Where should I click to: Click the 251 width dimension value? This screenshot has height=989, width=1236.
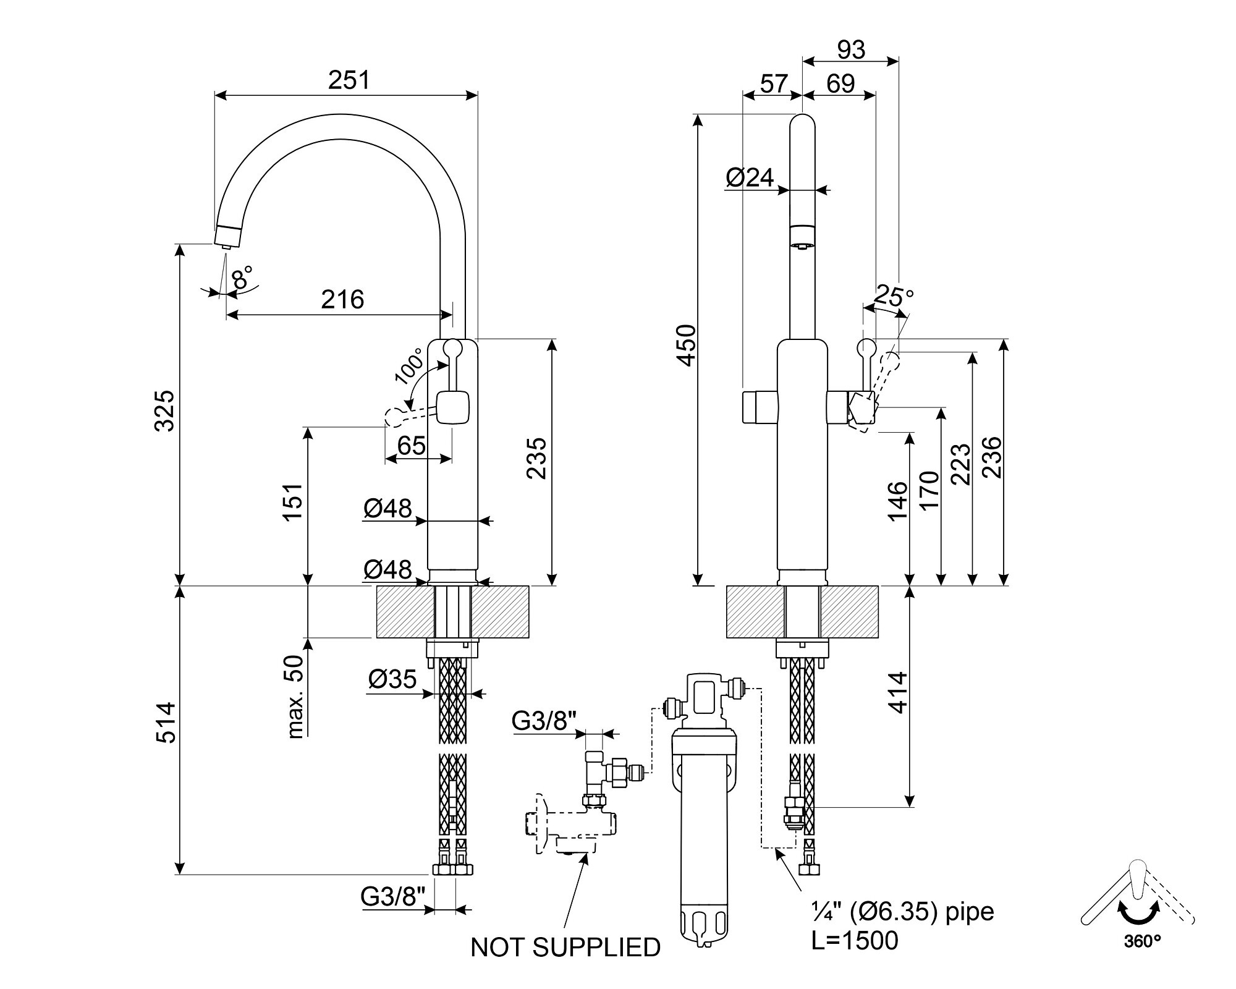click(x=349, y=80)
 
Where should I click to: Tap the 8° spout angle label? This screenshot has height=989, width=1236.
click(x=242, y=278)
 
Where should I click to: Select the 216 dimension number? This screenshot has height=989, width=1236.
click(x=343, y=300)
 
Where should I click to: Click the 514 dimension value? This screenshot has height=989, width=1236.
click(x=165, y=723)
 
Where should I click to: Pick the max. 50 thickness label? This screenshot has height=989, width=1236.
click(x=295, y=697)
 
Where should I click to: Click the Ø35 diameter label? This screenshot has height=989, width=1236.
click(x=392, y=679)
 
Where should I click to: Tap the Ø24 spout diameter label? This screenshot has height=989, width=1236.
click(x=750, y=178)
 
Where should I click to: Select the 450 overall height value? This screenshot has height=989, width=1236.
click(x=687, y=346)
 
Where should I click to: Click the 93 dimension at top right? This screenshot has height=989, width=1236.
click(x=851, y=50)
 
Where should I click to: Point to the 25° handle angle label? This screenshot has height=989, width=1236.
click(x=894, y=297)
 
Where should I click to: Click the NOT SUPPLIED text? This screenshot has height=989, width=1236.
click(x=565, y=948)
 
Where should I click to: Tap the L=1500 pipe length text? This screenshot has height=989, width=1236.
click(x=855, y=941)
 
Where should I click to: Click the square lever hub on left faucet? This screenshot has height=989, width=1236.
click(x=452, y=408)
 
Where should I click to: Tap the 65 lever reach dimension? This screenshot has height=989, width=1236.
click(x=411, y=445)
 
